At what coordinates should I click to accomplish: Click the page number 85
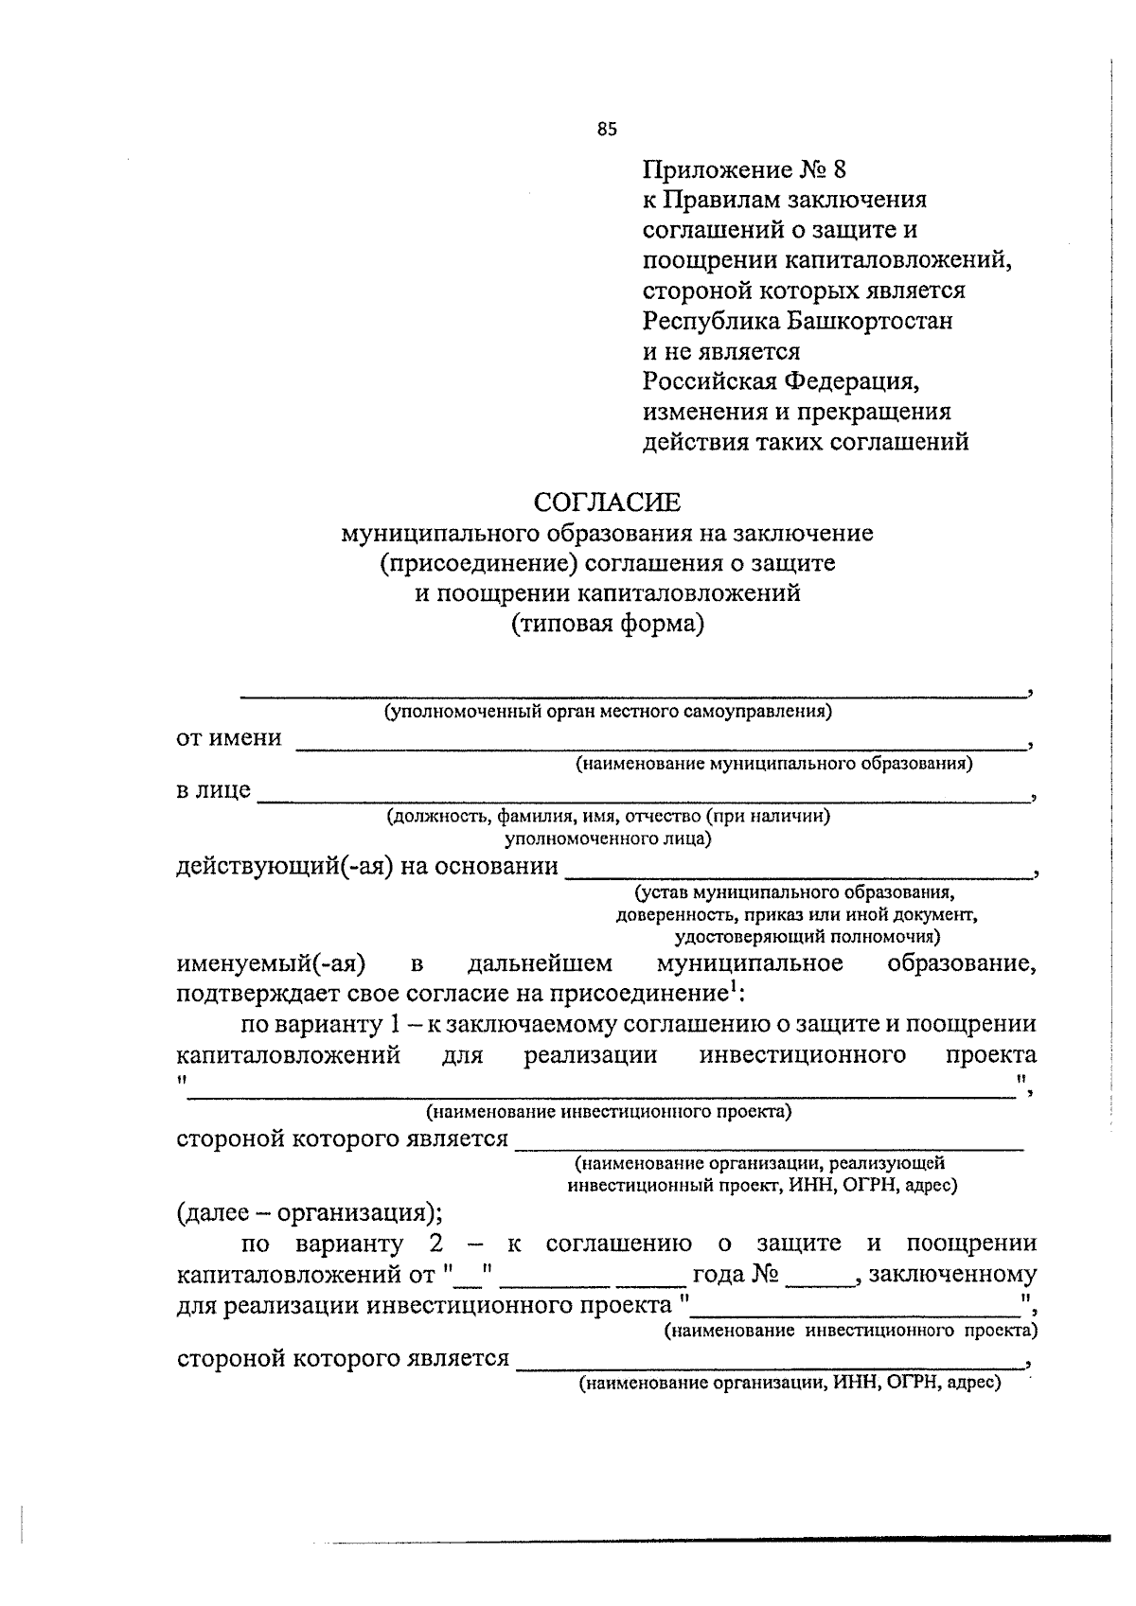607,130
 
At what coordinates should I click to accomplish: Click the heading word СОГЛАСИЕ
607,502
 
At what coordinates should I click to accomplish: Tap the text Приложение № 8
743,170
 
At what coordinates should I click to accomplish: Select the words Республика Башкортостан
797,321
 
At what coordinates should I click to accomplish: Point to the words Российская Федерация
782,381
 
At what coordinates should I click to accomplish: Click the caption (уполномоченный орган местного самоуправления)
607,712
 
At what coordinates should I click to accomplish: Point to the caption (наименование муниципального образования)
774,763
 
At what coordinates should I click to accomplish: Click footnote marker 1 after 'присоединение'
732,987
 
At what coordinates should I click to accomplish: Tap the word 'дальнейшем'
540,964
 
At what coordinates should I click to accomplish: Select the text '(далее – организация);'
309,1212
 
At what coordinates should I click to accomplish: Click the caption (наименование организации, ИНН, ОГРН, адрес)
790,1384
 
